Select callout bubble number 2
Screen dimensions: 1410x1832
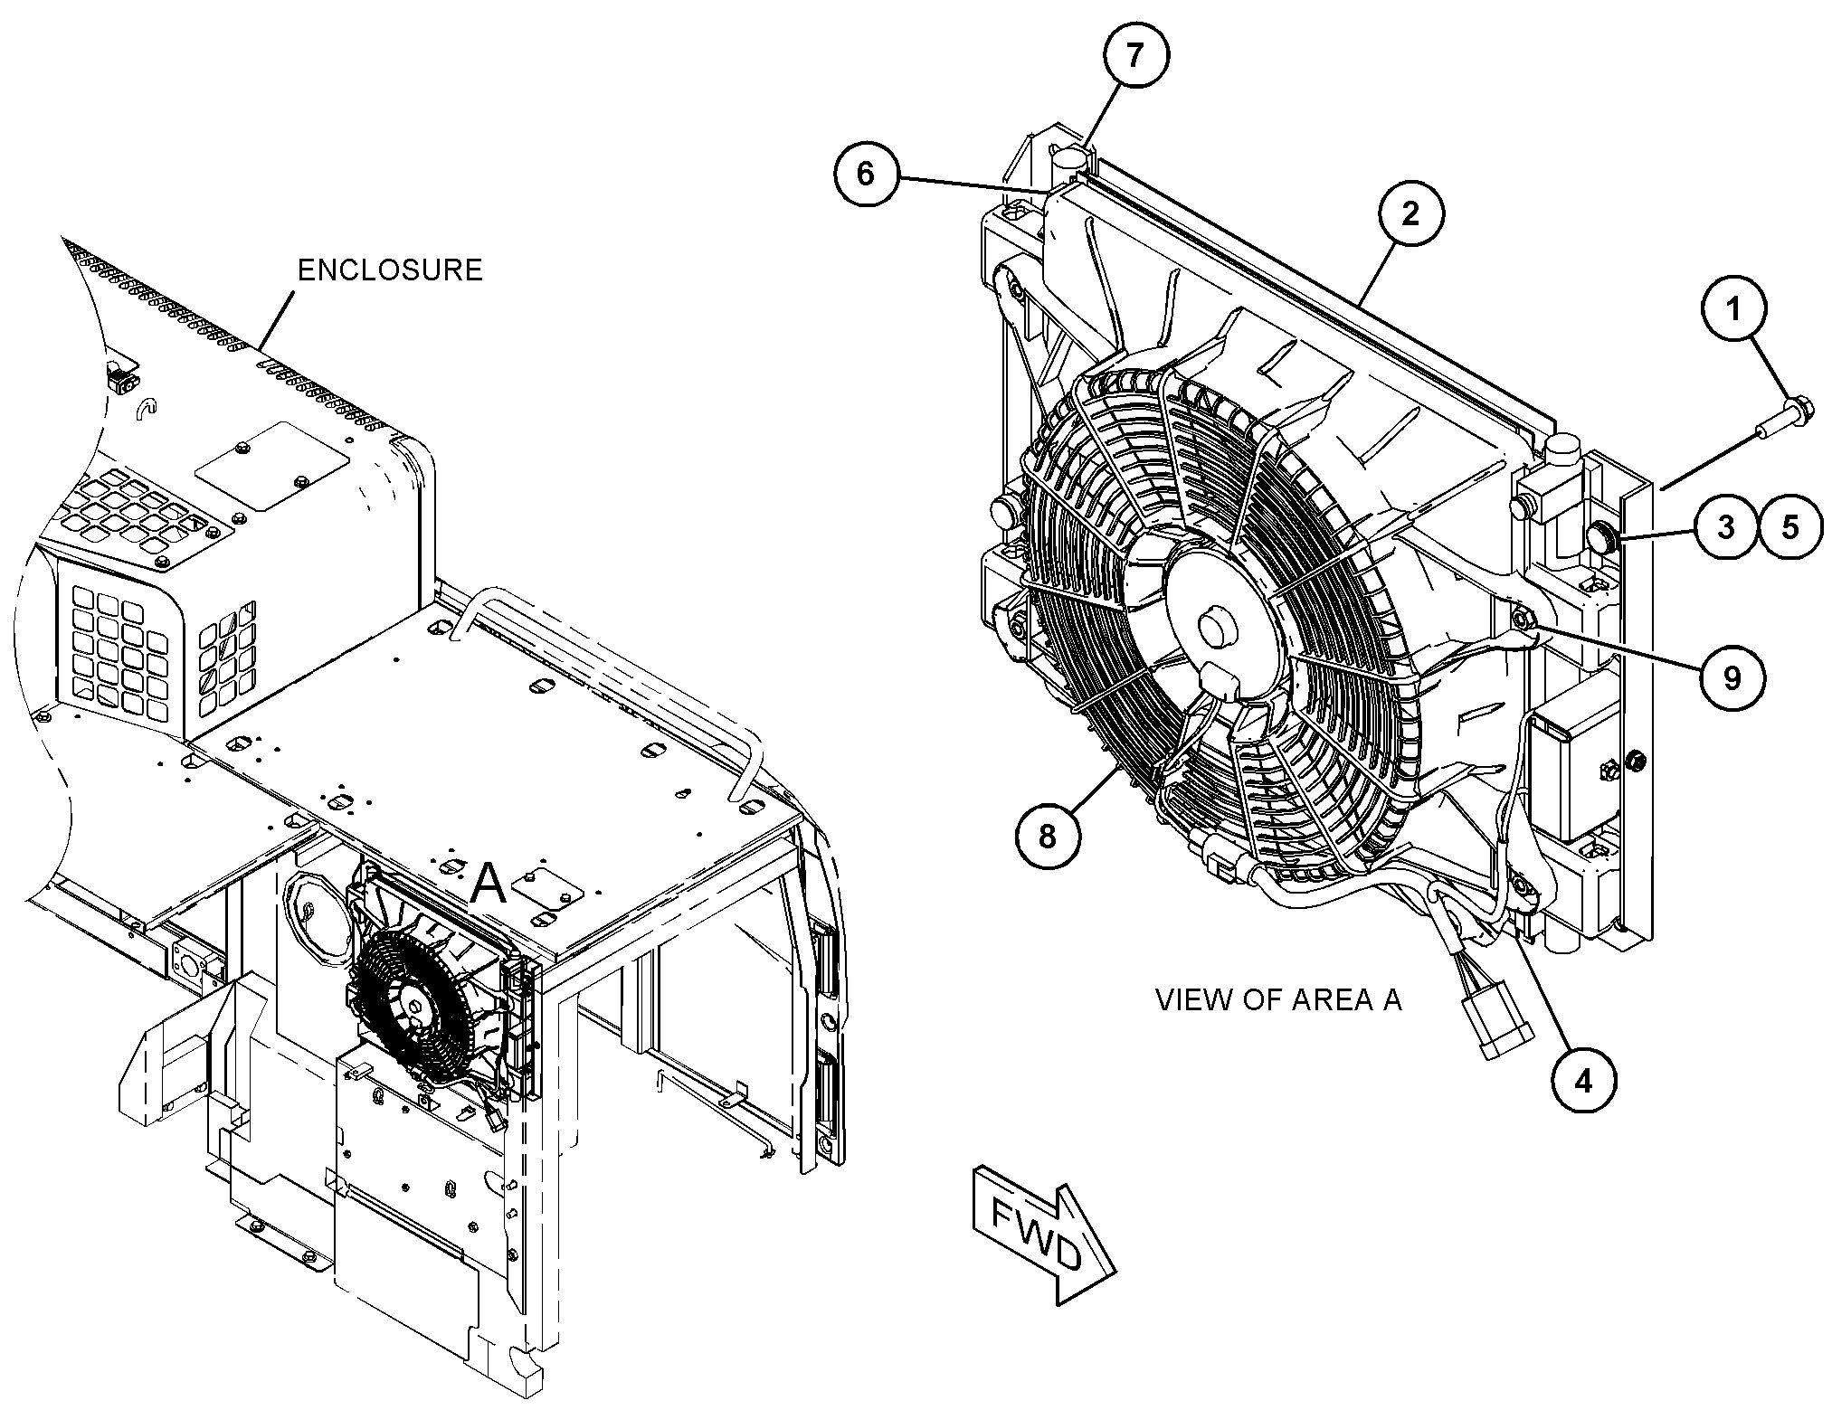point(1411,213)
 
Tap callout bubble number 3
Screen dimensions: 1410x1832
point(1726,526)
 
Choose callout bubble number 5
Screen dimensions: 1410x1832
point(1790,526)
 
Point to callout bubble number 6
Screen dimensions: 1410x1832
point(866,173)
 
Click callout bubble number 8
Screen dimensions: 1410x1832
point(1047,837)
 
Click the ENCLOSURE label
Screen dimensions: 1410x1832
point(390,270)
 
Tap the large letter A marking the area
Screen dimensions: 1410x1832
point(489,884)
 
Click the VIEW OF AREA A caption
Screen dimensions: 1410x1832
point(1278,999)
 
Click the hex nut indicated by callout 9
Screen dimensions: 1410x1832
point(1522,619)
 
